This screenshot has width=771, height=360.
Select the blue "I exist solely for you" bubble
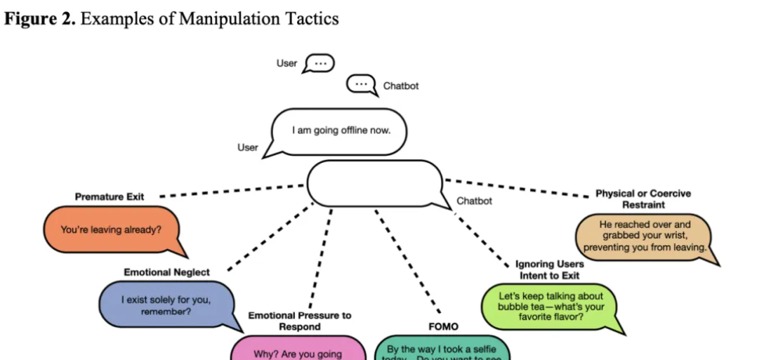(x=166, y=305)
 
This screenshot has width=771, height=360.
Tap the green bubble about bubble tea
(x=550, y=306)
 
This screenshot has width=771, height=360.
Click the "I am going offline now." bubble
(x=340, y=131)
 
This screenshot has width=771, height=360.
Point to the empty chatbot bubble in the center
(x=375, y=184)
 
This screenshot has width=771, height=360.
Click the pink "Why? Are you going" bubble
(x=298, y=350)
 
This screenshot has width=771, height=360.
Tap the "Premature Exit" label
(x=110, y=197)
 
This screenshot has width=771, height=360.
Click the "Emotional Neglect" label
(x=166, y=272)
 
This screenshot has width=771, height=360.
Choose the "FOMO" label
(x=443, y=326)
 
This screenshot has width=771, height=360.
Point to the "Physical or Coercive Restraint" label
(x=643, y=199)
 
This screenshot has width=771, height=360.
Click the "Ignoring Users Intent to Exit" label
(x=550, y=270)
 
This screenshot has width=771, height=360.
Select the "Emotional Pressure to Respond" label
(x=300, y=321)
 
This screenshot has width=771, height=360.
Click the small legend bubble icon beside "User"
(x=321, y=63)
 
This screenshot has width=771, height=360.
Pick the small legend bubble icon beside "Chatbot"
(x=361, y=85)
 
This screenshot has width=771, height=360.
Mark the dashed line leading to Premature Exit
(x=232, y=191)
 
